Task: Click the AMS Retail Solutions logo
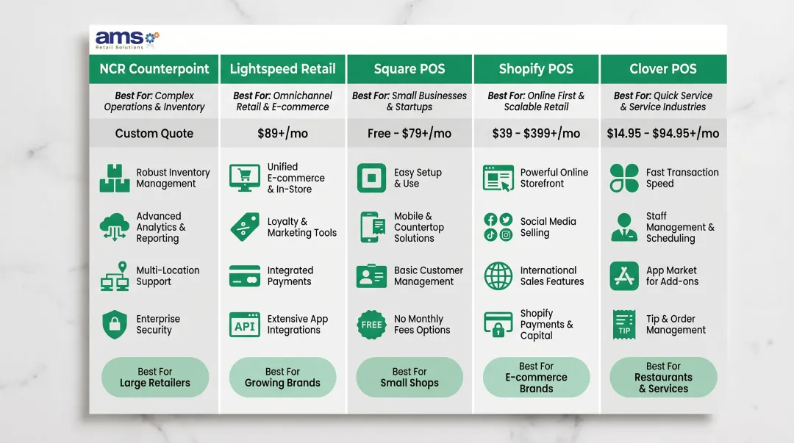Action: point(126,40)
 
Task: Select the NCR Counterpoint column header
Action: point(154,69)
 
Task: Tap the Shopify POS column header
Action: point(536,69)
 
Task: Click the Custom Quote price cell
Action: point(154,134)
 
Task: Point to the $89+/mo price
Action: point(282,134)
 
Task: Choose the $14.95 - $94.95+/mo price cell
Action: point(663,134)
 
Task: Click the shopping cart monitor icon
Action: point(245,178)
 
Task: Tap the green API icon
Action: point(245,325)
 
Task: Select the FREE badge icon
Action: point(371,325)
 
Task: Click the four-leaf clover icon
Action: point(624,178)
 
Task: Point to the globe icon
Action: point(498,276)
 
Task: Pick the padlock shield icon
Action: point(114,325)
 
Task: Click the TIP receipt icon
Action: point(624,325)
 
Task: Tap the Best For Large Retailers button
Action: point(154,378)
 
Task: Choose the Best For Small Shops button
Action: point(409,378)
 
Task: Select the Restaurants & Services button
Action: point(663,378)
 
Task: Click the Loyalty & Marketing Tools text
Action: point(301,227)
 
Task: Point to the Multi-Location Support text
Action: point(168,276)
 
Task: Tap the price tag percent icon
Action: point(245,227)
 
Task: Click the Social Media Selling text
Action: point(548,227)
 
